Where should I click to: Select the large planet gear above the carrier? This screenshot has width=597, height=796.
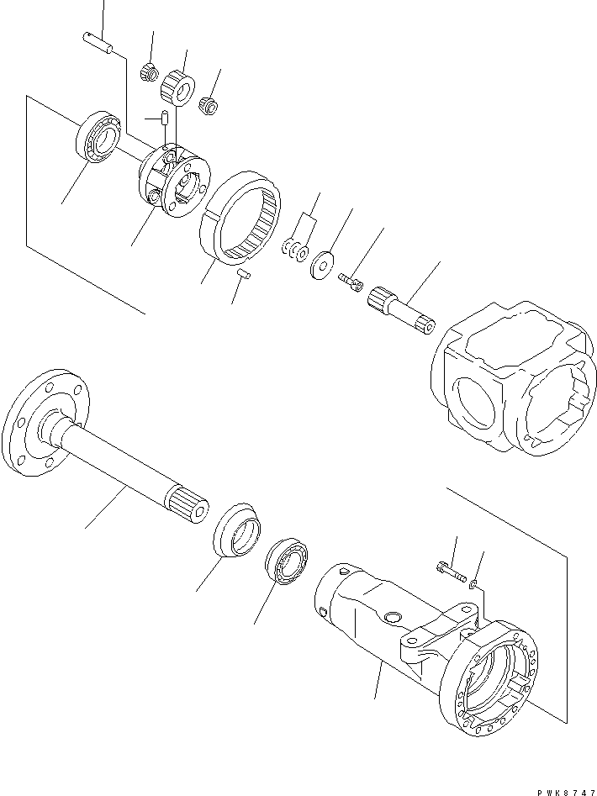click(x=178, y=85)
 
